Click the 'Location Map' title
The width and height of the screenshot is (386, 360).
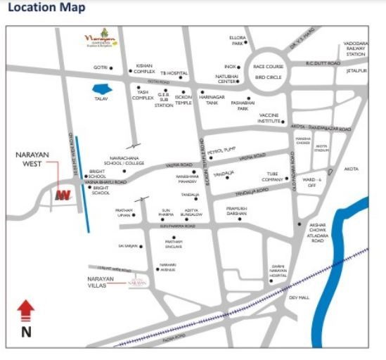coord(46,8)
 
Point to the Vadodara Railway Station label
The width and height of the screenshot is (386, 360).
coord(356,49)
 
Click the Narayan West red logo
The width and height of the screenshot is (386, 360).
coord(64,195)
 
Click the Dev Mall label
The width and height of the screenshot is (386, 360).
coord(299,297)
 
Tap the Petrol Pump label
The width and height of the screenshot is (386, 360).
coord(219,150)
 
